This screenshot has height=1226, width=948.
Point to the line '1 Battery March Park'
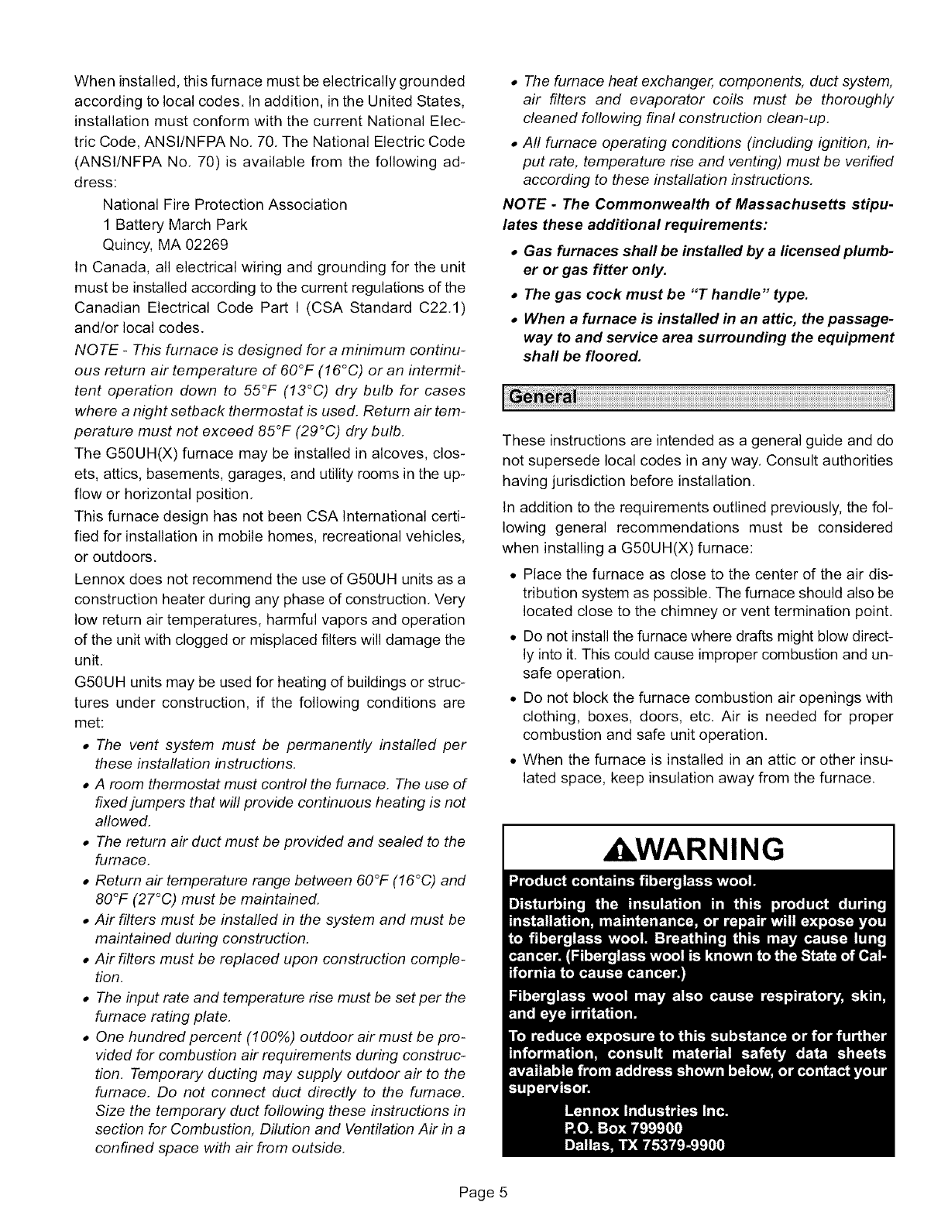pos(175,224)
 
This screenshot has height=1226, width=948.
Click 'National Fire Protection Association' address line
pos(225,204)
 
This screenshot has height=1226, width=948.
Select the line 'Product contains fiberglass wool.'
pos(632,882)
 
